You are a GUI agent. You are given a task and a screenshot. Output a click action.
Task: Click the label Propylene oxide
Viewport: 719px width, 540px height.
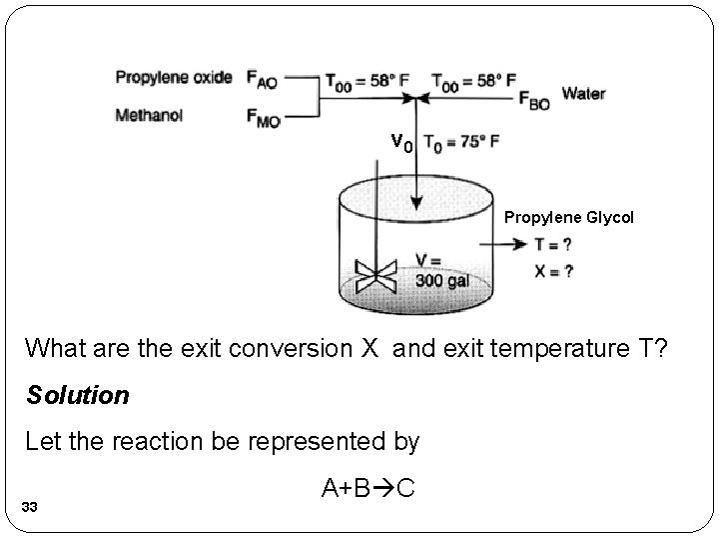coord(174,77)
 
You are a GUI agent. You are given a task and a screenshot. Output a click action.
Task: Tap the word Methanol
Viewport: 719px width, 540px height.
coord(149,115)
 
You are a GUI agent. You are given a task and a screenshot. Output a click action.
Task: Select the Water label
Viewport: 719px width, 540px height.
coord(583,94)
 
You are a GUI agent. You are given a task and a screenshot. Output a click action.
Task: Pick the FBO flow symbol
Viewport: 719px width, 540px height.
coord(532,100)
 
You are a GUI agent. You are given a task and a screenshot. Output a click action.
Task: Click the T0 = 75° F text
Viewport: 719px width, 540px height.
coord(462,142)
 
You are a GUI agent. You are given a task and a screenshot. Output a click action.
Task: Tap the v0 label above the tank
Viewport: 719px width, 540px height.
coord(401,143)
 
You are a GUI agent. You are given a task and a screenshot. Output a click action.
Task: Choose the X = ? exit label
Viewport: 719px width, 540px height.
coord(553,271)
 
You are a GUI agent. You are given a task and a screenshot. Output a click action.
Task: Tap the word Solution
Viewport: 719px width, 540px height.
coord(77,395)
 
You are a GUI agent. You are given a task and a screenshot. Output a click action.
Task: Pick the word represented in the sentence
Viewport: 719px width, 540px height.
coord(331,440)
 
